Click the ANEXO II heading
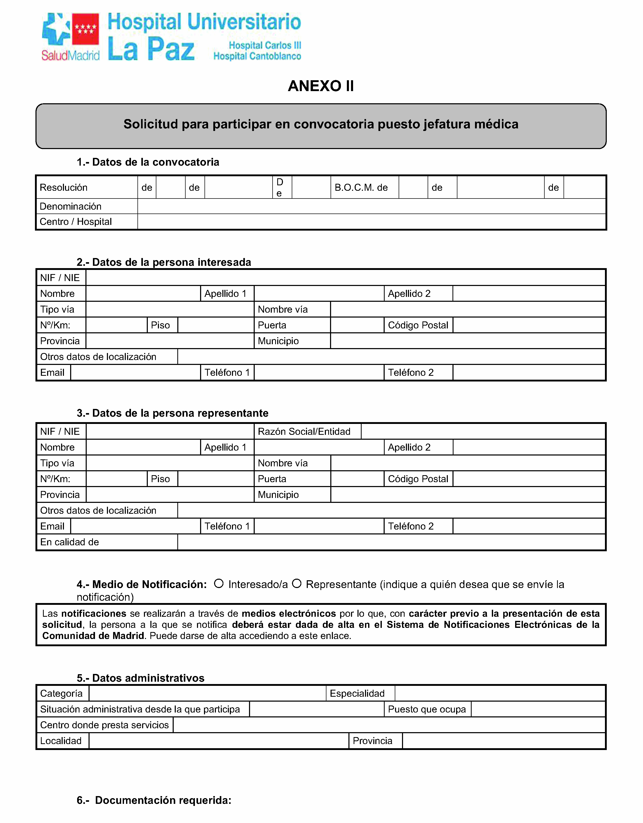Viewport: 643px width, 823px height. tap(321, 86)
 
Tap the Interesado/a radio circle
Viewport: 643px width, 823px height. tap(219, 583)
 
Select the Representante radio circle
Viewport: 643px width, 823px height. tap(297, 583)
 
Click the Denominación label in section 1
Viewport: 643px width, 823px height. tap(70, 206)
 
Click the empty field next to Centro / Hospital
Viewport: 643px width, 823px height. tap(371, 222)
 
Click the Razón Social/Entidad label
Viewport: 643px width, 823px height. tap(304, 431)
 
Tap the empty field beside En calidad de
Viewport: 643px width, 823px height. tap(391, 542)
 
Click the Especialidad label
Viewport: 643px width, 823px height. tap(357, 693)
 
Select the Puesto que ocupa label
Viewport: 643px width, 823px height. tap(427, 709)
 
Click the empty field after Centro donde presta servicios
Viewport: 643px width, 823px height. tap(389, 725)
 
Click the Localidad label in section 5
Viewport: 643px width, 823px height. tap(61, 741)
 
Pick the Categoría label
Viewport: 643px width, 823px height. tap(61, 693)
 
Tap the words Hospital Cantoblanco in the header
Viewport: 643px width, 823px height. tap(257, 56)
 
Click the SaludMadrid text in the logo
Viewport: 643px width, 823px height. tap(70, 55)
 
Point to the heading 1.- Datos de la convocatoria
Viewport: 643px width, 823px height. tap(148, 162)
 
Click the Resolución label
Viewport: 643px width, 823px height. tap(63, 187)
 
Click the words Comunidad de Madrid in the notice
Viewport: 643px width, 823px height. tap(93, 636)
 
